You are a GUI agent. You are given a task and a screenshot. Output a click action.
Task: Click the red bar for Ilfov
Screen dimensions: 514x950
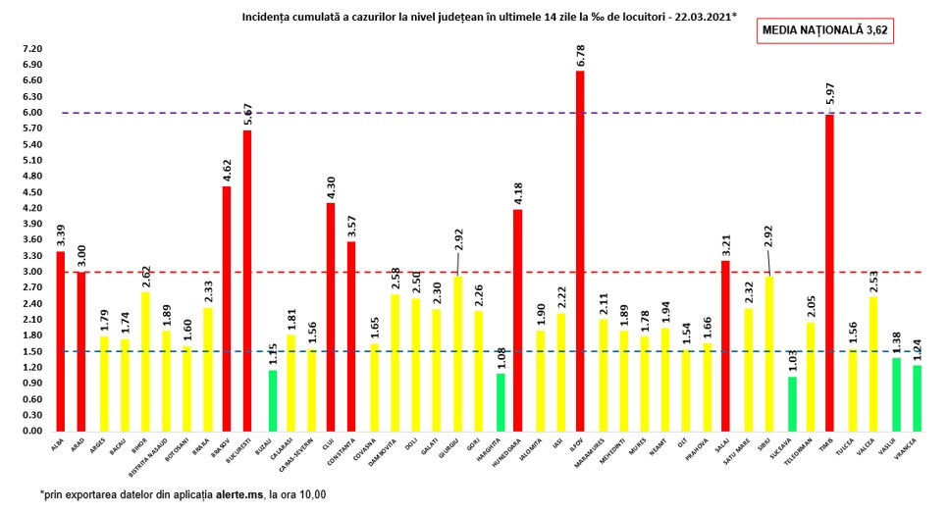point(580,251)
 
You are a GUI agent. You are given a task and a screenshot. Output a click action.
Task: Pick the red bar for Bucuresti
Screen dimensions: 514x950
point(247,281)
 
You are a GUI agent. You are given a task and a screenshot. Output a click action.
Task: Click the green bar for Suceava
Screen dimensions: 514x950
point(793,403)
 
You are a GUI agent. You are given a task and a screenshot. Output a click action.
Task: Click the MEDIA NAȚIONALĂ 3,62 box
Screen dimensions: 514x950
point(825,30)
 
